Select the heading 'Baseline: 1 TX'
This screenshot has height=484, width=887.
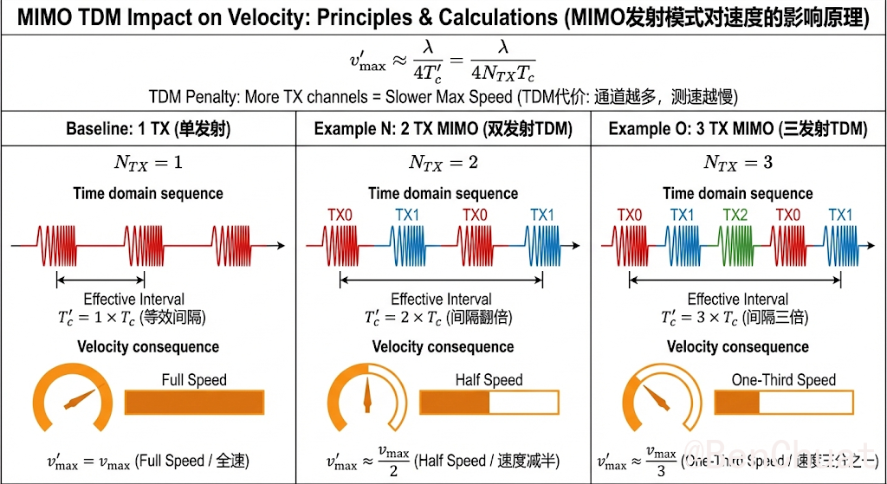coord(147,129)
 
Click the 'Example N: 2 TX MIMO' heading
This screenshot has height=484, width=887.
coord(443,129)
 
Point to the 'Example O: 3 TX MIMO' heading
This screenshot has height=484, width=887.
coord(738,129)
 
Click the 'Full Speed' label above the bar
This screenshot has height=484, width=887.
coord(194,379)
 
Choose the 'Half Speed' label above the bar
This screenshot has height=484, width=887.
coord(489,379)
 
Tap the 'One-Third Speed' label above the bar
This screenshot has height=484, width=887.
coord(784,379)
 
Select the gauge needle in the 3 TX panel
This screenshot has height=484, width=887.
coord(658,399)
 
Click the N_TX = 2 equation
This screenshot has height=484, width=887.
coord(443,162)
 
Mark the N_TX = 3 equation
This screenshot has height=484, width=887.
coord(738,162)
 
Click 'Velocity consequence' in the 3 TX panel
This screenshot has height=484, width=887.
coord(738,347)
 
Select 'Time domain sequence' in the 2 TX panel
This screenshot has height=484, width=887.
coord(443,193)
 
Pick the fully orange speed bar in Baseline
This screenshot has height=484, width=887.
coord(194,403)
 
